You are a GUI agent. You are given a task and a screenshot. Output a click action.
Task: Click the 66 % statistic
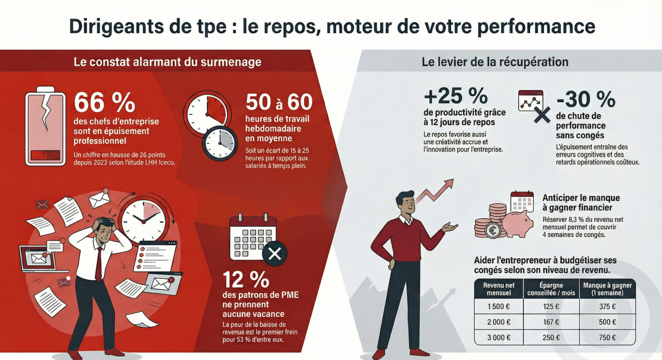click(x=104, y=102)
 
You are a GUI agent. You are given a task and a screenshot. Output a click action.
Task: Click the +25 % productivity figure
click(x=455, y=96)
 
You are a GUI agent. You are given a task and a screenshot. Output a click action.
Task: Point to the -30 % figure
click(x=585, y=99)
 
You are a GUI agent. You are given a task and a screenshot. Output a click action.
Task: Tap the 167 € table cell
click(x=551, y=322)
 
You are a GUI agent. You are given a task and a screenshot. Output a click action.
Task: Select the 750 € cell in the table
click(x=607, y=337)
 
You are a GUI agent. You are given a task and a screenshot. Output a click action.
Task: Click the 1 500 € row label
click(x=499, y=306)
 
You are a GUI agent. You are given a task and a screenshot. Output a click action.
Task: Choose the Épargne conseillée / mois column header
click(x=551, y=288)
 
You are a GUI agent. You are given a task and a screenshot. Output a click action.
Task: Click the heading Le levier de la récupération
click(x=495, y=62)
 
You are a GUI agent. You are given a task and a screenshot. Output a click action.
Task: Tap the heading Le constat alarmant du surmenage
click(x=167, y=62)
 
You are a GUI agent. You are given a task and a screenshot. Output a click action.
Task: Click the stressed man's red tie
click(x=98, y=263)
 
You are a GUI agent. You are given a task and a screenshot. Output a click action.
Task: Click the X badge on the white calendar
click(x=275, y=253)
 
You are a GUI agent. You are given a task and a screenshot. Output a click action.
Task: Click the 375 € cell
click(x=607, y=306)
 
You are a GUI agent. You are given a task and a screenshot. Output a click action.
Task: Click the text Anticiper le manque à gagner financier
click(x=581, y=203)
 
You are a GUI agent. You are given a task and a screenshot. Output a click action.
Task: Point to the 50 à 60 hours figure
click(x=279, y=102)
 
